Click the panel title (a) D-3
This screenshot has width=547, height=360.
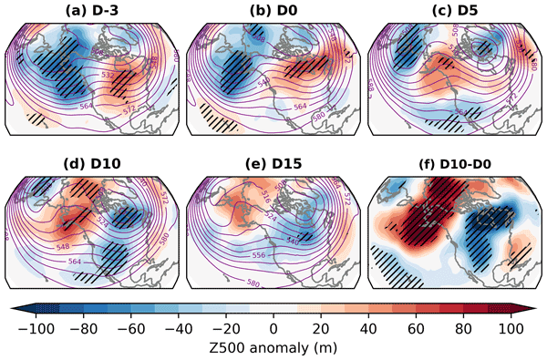[96, 11]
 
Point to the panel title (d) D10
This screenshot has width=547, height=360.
[96, 165]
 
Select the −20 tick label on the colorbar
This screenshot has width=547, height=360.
[225, 326]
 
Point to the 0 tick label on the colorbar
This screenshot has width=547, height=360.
[273, 326]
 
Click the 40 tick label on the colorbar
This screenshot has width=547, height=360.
[370, 326]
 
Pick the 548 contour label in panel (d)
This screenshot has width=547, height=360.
[64, 248]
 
